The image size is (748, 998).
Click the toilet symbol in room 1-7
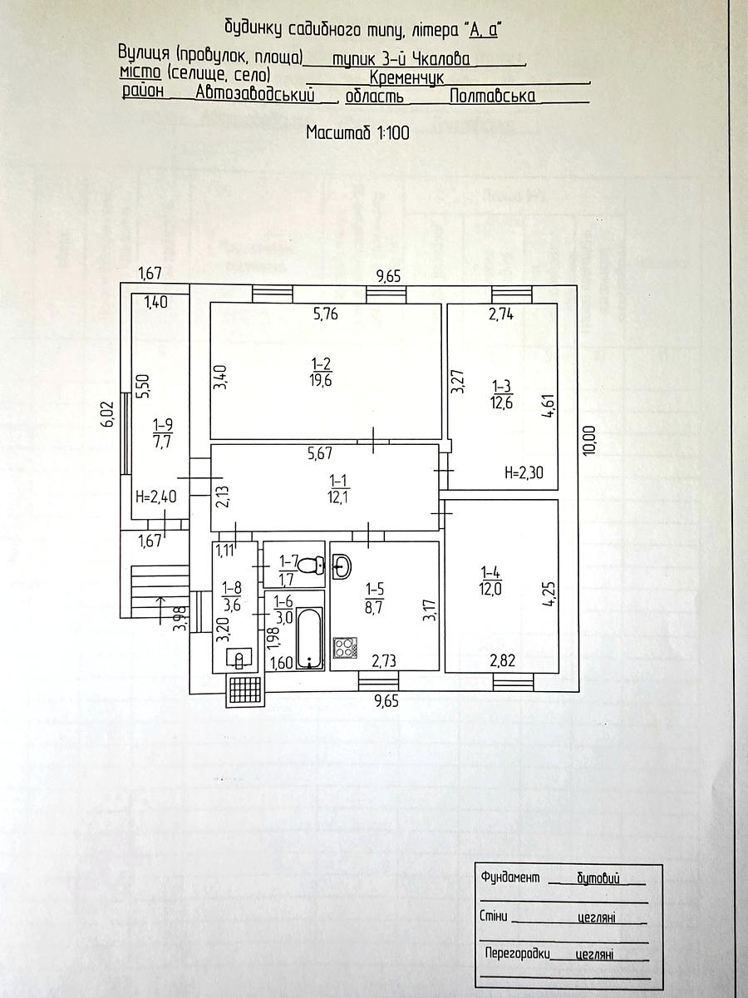[312, 566]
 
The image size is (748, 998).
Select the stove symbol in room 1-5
[343, 649]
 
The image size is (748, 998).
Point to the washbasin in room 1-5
[342, 567]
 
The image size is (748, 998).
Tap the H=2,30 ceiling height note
[525, 474]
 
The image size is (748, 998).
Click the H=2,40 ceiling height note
[155, 498]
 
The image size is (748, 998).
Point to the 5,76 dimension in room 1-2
[326, 314]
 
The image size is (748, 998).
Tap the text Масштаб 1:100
[357, 131]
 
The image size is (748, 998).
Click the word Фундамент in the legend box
[510, 877]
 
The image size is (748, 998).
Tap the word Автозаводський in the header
[257, 96]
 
